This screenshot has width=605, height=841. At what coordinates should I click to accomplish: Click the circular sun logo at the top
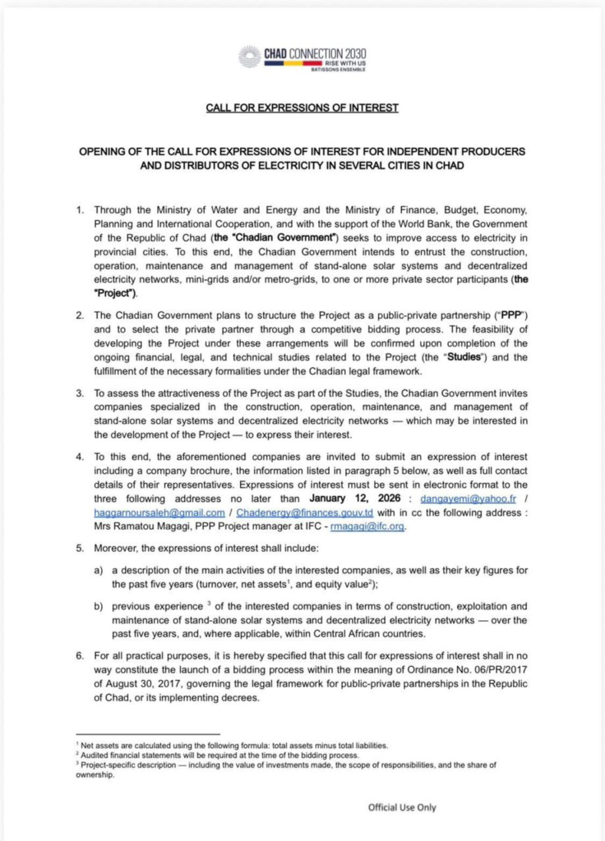(249, 57)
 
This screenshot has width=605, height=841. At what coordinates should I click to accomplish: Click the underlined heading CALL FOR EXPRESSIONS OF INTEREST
(302, 108)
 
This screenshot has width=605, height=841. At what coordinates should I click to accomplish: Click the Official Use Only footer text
(402, 807)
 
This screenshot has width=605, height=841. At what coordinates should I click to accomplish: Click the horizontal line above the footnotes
(148, 733)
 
